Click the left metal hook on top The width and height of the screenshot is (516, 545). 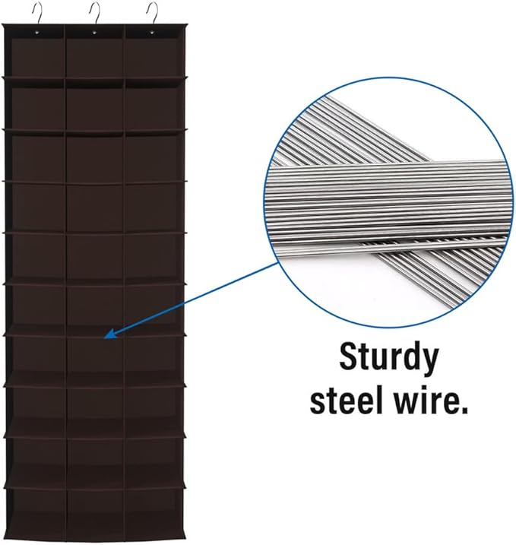(39, 12)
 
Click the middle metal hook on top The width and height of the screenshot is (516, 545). (96, 12)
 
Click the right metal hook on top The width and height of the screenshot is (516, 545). (154, 12)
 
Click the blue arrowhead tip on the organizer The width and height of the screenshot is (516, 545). (105, 337)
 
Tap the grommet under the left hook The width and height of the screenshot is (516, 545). (36, 33)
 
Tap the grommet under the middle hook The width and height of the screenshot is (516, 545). (94, 33)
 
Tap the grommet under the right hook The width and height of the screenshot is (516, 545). (151, 33)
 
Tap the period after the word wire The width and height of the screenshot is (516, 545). (463, 410)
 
